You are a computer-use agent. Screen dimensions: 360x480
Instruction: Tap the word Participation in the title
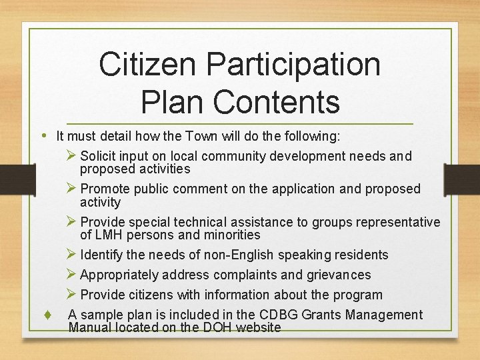tap(293, 65)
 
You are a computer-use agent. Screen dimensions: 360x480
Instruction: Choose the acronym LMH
tap(111, 235)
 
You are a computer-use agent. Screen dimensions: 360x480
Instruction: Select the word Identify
tap(102, 255)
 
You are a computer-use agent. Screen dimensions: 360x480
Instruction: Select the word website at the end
tap(258, 327)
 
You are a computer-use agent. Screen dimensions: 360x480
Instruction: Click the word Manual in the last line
tap(91, 327)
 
